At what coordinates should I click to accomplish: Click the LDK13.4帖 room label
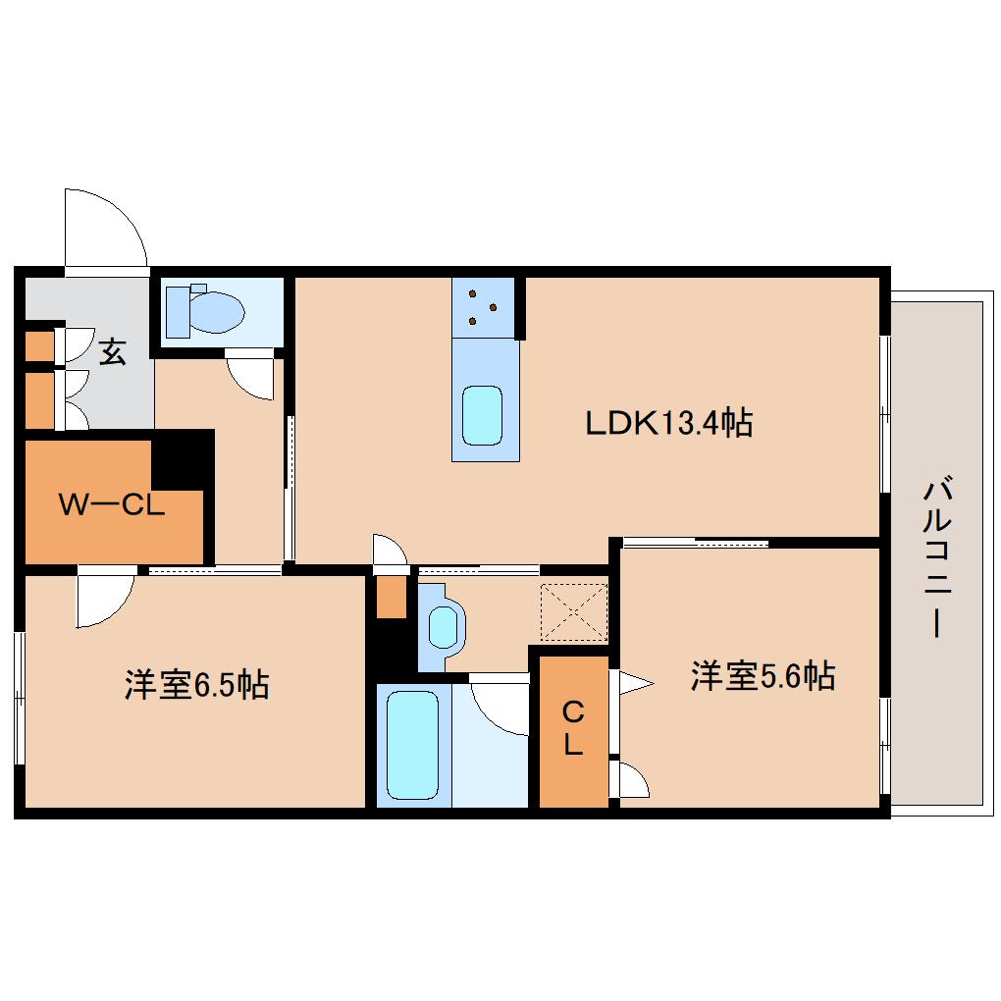[x=669, y=423]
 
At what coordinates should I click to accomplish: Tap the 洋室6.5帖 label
[x=196, y=684]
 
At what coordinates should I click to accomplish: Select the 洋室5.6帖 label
[x=763, y=675]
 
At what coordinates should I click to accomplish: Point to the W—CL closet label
[x=112, y=505]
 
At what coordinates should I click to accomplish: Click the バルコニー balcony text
[x=937, y=559]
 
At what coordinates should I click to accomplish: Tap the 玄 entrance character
[x=112, y=351]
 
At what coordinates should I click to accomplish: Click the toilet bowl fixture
[x=205, y=312]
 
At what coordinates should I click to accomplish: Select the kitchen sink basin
[x=482, y=415]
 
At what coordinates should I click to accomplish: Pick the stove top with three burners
[x=483, y=308]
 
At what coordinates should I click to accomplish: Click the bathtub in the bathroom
[x=412, y=745]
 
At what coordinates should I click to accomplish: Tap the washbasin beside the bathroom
[x=443, y=627]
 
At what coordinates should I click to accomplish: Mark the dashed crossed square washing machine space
[x=574, y=611]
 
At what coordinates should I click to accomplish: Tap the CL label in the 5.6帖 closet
[x=573, y=729]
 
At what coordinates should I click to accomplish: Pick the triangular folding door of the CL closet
[x=632, y=684]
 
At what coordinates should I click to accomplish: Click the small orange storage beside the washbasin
[x=392, y=597]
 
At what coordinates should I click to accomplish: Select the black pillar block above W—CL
[x=183, y=459]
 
